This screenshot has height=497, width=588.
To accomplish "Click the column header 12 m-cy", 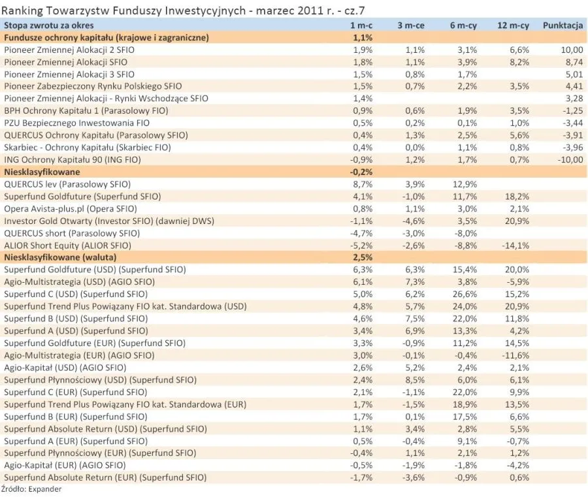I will point(512,25).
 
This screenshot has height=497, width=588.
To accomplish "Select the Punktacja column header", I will point(563,25).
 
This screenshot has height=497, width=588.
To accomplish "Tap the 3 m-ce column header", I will point(410,25).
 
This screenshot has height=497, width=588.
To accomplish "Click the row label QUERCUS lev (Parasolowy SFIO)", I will point(67,184).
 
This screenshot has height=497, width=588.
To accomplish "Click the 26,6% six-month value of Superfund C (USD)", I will point(461,294).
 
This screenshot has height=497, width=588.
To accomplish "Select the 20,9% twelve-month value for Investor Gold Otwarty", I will point(516,221).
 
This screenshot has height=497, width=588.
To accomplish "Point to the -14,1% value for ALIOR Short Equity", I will point(515,245).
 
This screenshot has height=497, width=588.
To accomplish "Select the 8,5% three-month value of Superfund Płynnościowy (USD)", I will point(414,379).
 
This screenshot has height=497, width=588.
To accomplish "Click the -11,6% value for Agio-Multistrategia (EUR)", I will point(515,355).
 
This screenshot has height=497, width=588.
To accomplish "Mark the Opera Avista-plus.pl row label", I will point(71,208).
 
